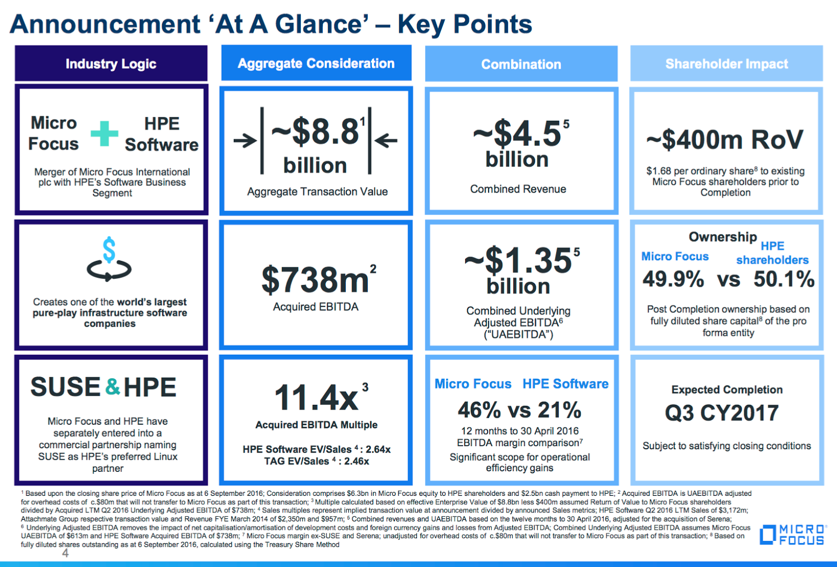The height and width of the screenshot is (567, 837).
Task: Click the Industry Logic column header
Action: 111,64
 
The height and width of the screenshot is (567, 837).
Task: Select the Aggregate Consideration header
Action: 316,63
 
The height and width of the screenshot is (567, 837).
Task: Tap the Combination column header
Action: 521,64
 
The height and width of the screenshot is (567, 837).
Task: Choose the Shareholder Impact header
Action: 726,64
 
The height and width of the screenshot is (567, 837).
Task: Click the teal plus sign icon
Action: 104,134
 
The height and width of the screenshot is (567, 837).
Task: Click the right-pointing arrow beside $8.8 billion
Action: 245,140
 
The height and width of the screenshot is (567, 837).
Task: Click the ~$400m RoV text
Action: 725,140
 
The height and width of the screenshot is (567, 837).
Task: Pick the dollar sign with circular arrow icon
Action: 109,260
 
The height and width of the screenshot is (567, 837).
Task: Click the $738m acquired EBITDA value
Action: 315,280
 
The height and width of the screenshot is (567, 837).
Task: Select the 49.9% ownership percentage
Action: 673,279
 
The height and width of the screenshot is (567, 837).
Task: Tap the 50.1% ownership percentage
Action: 784,279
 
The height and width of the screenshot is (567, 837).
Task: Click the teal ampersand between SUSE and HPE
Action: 112,387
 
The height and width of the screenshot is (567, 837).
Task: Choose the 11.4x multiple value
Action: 316,398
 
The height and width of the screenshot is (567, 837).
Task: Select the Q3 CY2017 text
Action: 722,413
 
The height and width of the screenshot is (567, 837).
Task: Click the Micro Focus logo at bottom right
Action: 793,535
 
